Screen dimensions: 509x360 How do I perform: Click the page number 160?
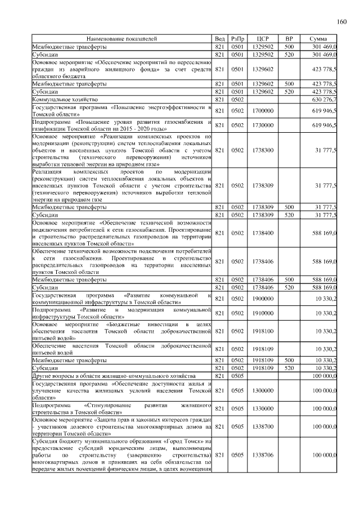tap(341, 22)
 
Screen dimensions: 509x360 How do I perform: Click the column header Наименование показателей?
tap(121, 39)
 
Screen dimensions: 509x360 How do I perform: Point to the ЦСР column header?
tap(263, 39)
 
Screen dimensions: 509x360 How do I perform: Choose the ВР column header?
tap(289, 39)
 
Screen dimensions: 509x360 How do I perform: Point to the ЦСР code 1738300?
tap(263, 150)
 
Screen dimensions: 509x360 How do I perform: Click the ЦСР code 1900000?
tap(263, 299)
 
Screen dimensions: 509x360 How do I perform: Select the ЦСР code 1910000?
tap(263, 313)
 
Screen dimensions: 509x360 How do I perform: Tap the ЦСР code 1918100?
tap(263, 331)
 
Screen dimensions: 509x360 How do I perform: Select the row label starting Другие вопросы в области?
tap(113, 375)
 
